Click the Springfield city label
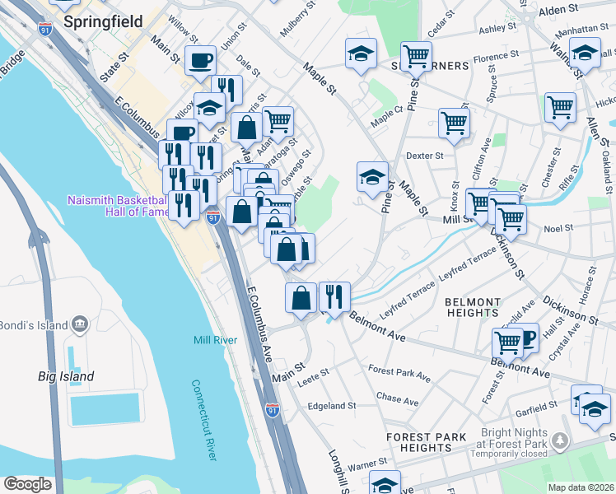tap(102, 22)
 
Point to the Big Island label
tap(66, 376)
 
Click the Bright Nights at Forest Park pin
tap(561, 442)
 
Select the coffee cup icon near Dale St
tap(200, 59)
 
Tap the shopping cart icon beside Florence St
tap(417, 57)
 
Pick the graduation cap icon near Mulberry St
tap(360, 54)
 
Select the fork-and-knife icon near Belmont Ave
tap(334, 297)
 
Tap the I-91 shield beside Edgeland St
tap(272, 409)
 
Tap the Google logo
tap(27, 484)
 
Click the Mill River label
tap(215, 340)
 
